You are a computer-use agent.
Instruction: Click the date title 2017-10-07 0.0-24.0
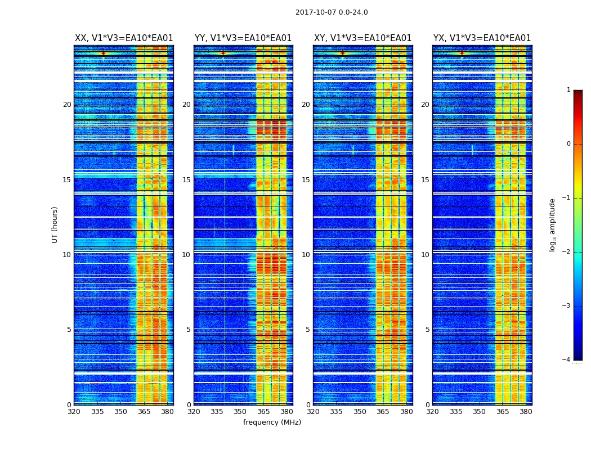(x=332, y=12)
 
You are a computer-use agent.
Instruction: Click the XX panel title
(x=124, y=38)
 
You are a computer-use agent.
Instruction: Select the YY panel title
(x=243, y=38)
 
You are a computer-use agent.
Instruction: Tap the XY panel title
(x=362, y=38)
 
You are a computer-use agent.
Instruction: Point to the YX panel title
(x=482, y=38)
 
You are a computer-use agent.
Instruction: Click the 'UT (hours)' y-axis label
(x=55, y=224)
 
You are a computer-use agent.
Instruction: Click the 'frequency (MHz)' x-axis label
(x=272, y=422)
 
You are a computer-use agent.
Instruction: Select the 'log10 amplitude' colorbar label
(x=553, y=224)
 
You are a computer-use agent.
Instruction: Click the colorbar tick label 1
(x=568, y=90)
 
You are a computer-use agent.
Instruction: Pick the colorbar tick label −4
(x=567, y=360)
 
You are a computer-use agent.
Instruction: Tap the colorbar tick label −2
(x=567, y=252)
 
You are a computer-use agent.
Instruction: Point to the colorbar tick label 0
(x=568, y=144)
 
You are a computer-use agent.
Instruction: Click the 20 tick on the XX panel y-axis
(x=67, y=105)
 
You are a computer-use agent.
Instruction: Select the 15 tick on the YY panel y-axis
(x=186, y=180)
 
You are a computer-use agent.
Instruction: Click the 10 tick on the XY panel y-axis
(x=306, y=255)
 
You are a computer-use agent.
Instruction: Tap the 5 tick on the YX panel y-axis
(x=427, y=330)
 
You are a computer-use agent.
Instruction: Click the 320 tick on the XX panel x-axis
(x=74, y=412)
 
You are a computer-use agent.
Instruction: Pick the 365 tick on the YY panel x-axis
(x=263, y=412)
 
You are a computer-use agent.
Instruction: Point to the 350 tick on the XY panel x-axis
(x=360, y=412)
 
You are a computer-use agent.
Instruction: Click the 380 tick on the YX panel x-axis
(x=526, y=412)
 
